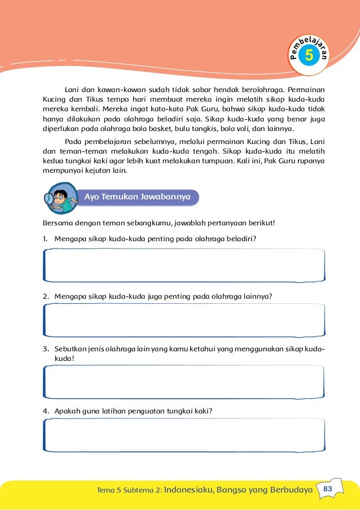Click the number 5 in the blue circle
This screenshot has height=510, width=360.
[x=309, y=55]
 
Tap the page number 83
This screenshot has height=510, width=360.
[x=328, y=489]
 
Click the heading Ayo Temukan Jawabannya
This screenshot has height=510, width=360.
[x=141, y=197]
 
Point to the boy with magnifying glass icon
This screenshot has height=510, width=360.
[x=62, y=199]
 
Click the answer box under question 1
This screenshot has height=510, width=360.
[x=184, y=265]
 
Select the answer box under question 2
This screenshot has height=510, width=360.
[x=184, y=321]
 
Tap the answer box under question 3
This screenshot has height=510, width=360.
[x=184, y=382]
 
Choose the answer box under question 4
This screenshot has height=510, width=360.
[x=184, y=435]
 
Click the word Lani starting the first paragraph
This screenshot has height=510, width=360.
[x=71, y=89]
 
